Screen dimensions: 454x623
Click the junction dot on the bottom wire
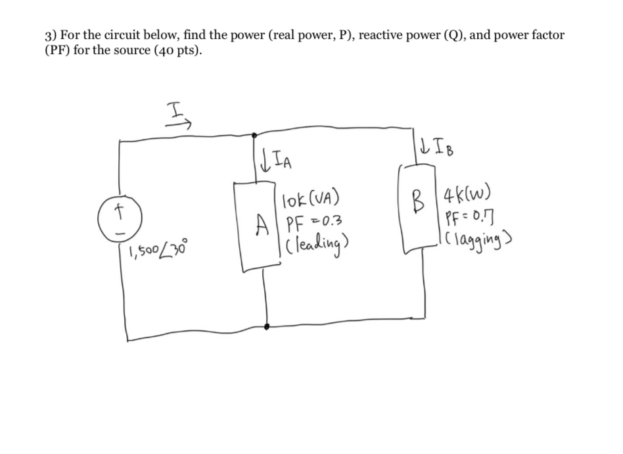tap(266, 326)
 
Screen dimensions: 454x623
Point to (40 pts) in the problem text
tap(170, 51)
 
